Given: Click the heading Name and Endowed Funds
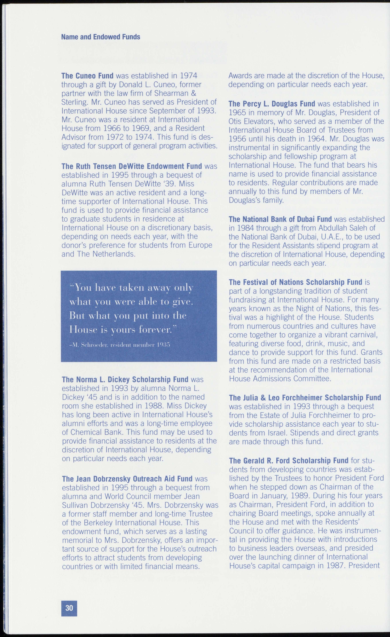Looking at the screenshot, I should point(101,37).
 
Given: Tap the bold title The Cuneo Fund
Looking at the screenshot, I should point(87,76).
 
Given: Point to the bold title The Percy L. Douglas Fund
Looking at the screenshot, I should point(272,104).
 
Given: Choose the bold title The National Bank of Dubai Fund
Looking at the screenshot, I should point(280,219).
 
